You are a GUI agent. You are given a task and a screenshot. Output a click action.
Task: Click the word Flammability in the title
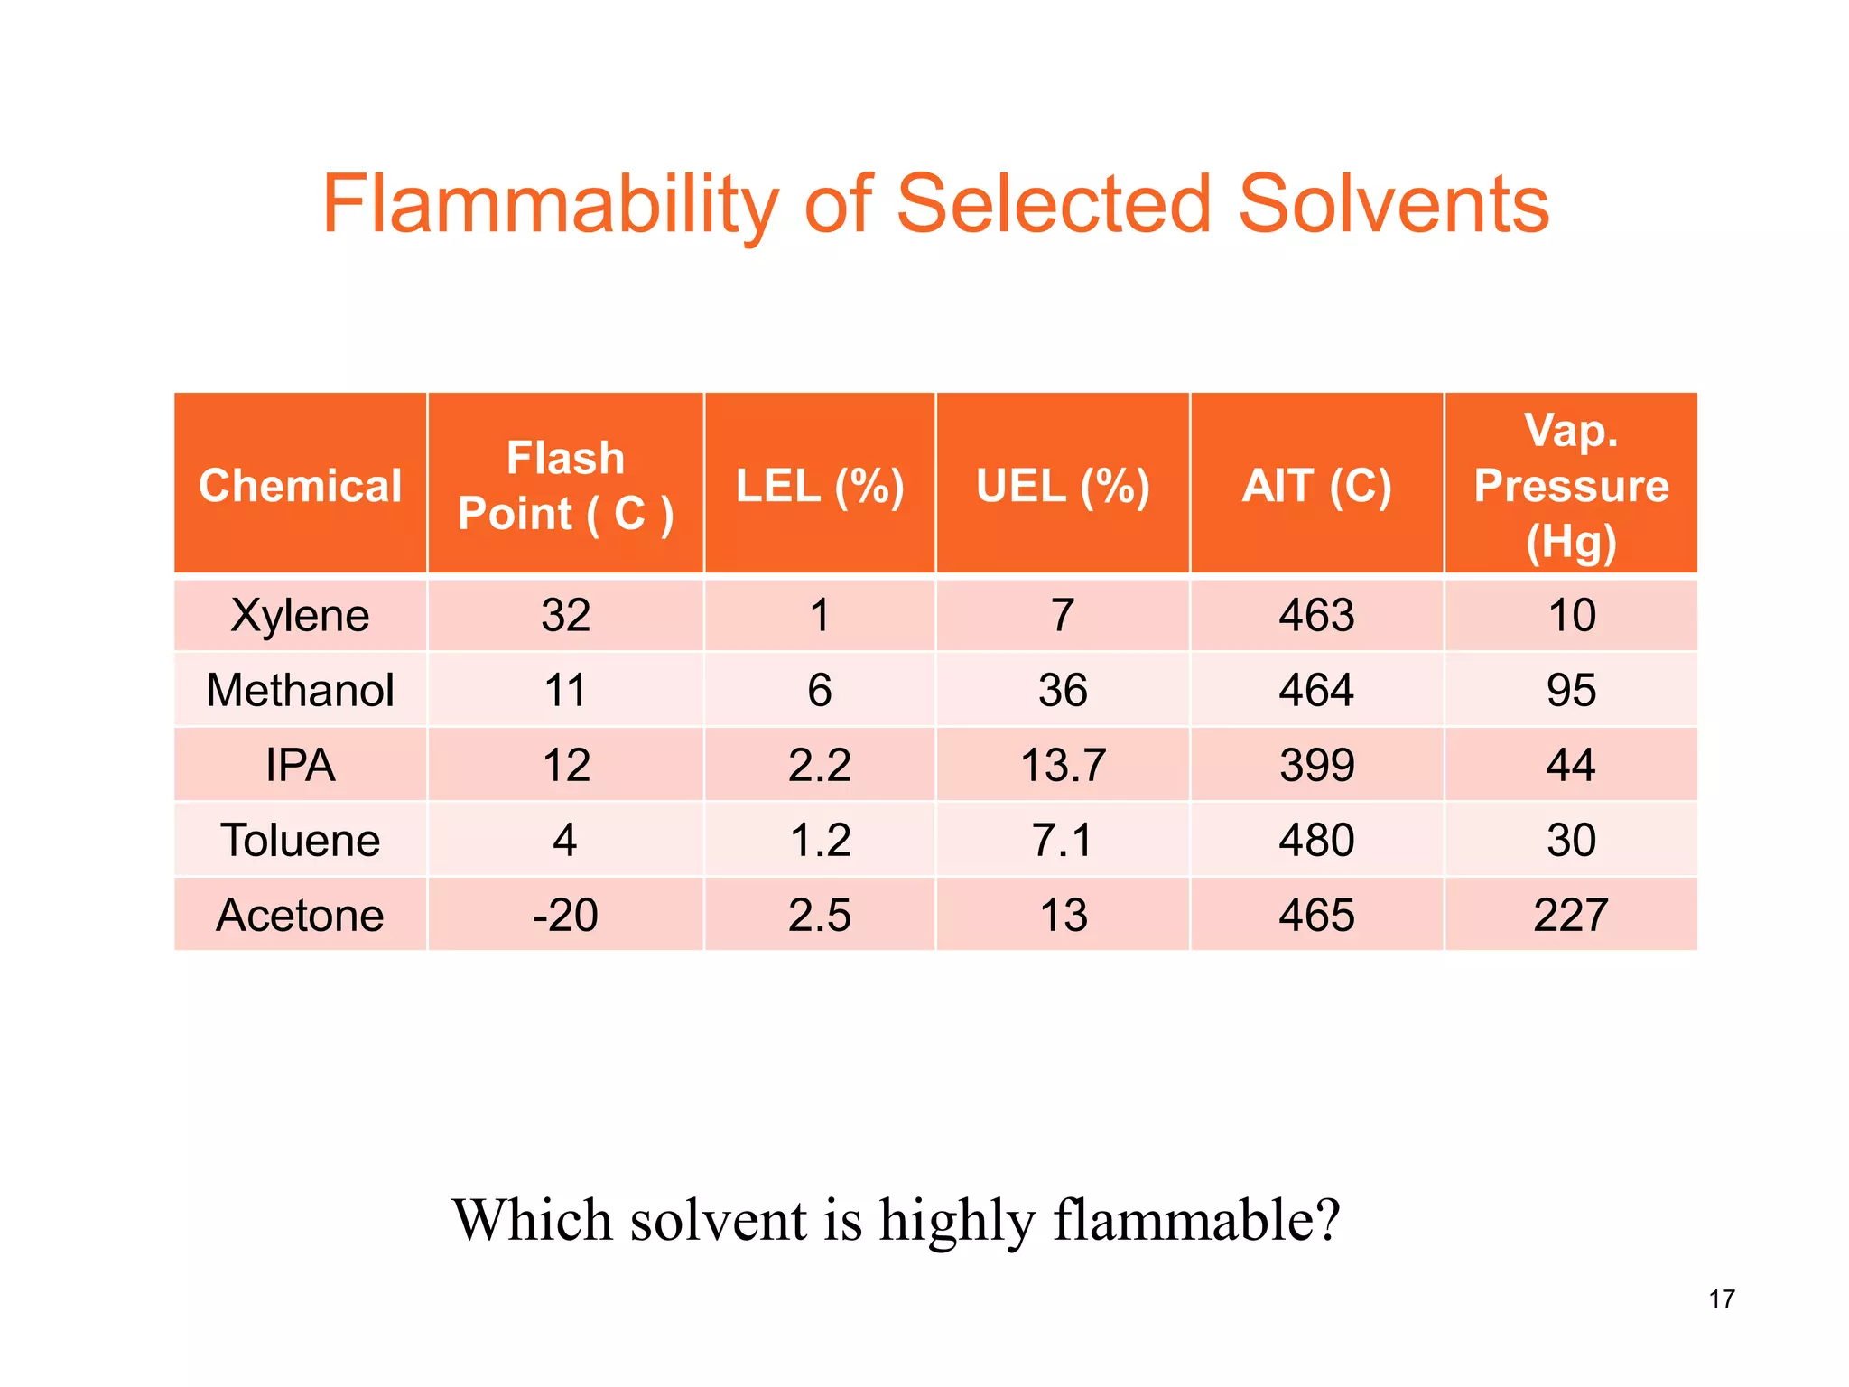[x=550, y=205]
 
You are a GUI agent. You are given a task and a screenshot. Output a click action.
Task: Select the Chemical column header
[x=300, y=486]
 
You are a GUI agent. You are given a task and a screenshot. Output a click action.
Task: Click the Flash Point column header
[x=565, y=486]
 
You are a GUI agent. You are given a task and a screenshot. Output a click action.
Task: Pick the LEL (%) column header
[x=820, y=486]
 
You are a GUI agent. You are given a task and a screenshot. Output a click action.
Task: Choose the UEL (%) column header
[x=1063, y=486]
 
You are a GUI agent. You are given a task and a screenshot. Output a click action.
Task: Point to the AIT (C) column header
[x=1316, y=486]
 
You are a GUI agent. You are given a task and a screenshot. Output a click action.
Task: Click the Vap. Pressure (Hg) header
[x=1571, y=486]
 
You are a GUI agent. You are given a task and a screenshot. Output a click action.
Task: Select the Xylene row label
[x=300, y=616]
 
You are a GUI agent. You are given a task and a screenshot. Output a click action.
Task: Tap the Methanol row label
[x=300, y=691]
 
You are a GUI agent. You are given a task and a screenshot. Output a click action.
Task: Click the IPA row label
[x=300, y=766]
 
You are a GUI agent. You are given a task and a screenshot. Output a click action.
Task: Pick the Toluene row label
[x=300, y=841]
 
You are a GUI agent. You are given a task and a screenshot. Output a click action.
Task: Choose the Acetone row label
[x=300, y=916]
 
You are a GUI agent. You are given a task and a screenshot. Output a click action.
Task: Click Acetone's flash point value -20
[x=565, y=916]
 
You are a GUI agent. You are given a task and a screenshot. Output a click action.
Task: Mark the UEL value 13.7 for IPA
[x=1063, y=766]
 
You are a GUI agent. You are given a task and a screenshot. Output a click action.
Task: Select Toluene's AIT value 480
[x=1316, y=841]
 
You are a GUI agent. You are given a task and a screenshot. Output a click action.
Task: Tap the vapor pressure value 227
[x=1571, y=916]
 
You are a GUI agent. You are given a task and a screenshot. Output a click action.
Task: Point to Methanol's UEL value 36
[x=1063, y=691]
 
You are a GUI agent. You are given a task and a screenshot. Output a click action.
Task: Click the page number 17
[x=1722, y=1299]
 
